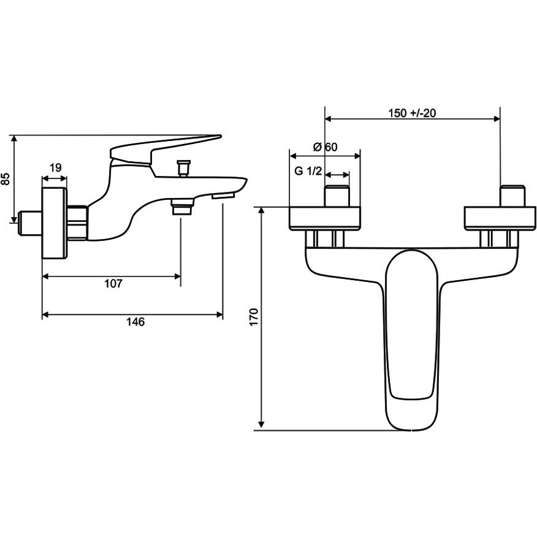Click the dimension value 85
pos(6,179)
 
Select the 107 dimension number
pos(113,284)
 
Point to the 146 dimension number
pos(135,322)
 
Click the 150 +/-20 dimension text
pos(412,113)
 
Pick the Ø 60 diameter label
pos(325,147)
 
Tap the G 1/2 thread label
pos(308,170)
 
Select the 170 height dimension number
pos(254,317)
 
